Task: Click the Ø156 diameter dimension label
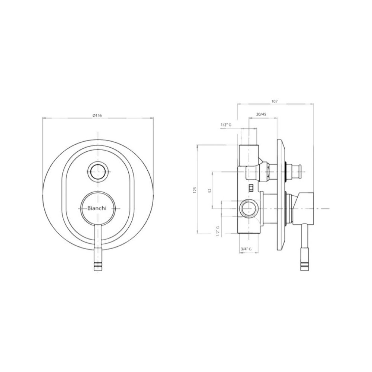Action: (x=97, y=115)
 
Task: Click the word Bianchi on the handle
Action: (x=97, y=208)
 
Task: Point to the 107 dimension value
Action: (x=275, y=101)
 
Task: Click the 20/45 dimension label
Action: (x=261, y=114)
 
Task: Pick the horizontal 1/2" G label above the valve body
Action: (x=226, y=125)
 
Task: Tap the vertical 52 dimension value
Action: (x=210, y=190)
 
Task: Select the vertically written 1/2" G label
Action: (x=218, y=231)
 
